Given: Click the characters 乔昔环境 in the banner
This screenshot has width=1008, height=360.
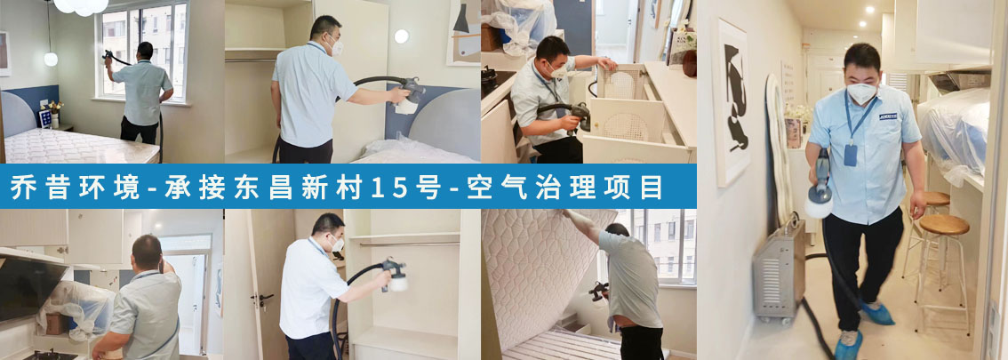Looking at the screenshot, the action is [x=75, y=187].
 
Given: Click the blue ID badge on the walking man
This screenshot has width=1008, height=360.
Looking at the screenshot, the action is [x=851, y=155].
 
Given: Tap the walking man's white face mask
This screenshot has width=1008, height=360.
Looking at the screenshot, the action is [x=861, y=92].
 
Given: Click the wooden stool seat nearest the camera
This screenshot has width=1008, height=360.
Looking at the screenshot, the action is [x=944, y=224].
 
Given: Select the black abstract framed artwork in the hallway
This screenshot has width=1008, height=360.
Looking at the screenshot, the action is [x=732, y=103].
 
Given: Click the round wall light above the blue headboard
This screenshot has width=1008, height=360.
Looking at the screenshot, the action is [x=401, y=36].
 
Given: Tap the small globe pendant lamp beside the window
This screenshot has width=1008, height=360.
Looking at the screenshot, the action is [x=50, y=60].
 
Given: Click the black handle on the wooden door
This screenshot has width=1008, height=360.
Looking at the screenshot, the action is [x=263, y=299].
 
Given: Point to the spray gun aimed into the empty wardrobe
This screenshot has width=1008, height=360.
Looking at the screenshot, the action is [x=394, y=275].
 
